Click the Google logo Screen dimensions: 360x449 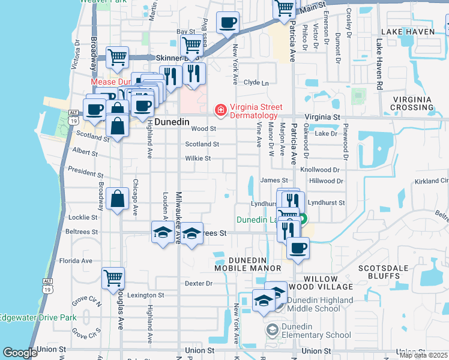(x=19, y=353)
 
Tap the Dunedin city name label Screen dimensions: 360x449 (x=172, y=121)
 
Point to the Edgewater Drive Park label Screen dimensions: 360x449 (x=38, y=317)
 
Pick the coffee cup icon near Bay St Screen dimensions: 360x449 (x=227, y=23)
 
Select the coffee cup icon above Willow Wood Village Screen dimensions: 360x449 (x=298, y=248)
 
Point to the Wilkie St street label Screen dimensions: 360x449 (x=197, y=158)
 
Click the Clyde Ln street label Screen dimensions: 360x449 (x=256, y=83)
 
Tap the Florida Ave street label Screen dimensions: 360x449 (x=79, y=261)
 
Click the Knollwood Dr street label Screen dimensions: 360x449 (x=324, y=170)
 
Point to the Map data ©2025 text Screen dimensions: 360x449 (x=423, y=355)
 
